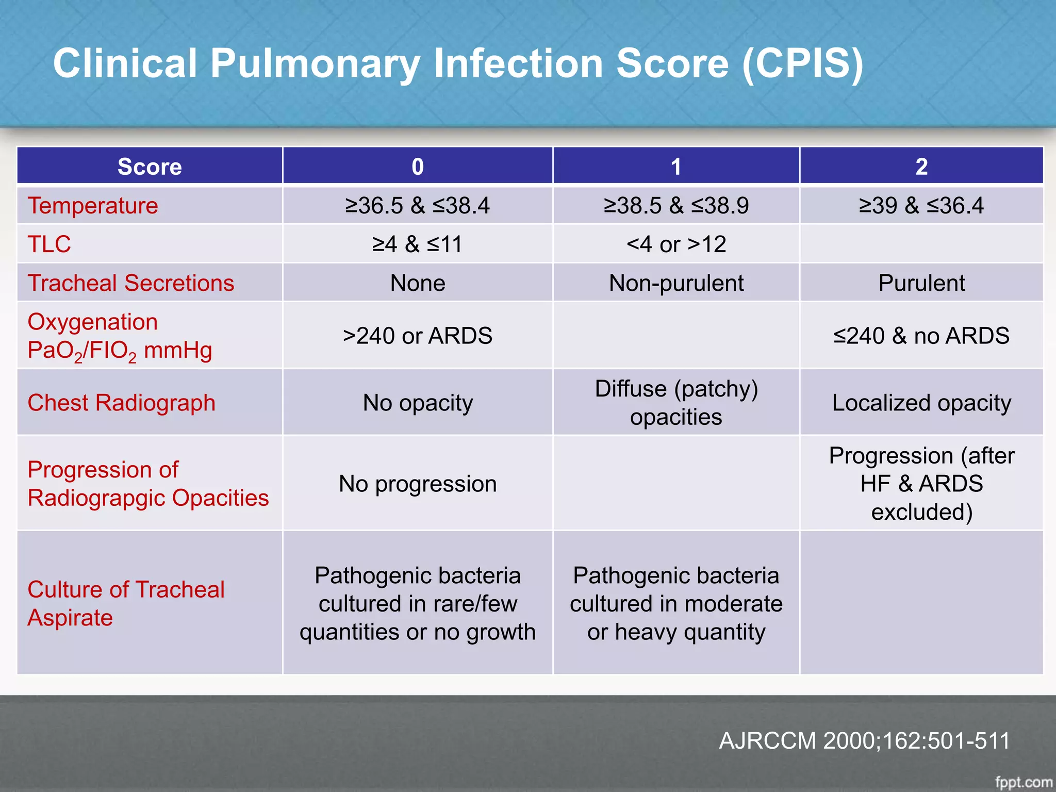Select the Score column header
pyautogui.click(x=150, y=167)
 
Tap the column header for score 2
pyautogui.click(x=921, y=167)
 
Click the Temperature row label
pyautogui.click(x=93, y=206)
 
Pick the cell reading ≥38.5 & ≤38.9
pyautogui.click(x=676, y=206)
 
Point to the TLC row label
pyautogui.click(x=49, y=244)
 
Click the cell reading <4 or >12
pyautogui.click(x=676, y=244)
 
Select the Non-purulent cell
pyautogui.click(x=676, y=283)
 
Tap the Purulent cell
pyautogui.click(x=921, y=283)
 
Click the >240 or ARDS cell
pyautogui.click(x=418, y=336)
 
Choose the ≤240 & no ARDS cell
pyautogui.click(x=921, y=336)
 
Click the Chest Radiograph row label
pyautogui.click(x=122, y=403)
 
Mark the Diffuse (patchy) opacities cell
pyautogui.click(x=676, y=403)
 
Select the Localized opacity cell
pyautogui.click(x=921, y=403)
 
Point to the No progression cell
pyautogui.click(x=418, y=484)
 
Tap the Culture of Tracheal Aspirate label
pyautogui.click(x=126, y=603)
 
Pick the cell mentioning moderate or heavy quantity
pyautogui.click(x=676, y=603)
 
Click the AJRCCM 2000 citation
pyautogui.click(x=864, y=740)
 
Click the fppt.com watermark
pyautogui.click(x=1024, y=782)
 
